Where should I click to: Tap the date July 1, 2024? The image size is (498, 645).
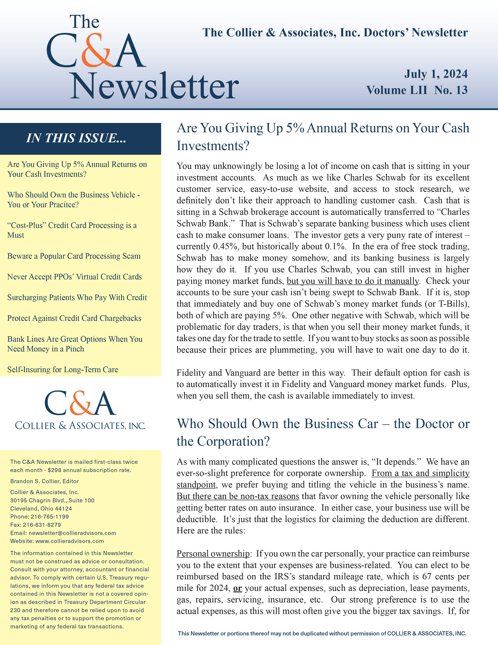(x=436, y=74)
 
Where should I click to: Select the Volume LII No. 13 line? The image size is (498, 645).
(x=417, y=90)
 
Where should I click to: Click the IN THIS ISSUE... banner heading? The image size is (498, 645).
(x=76, y=138)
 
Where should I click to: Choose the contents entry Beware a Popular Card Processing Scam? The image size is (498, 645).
(x=74, y=256)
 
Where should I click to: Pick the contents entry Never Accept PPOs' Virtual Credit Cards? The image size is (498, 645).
(x=74, y=277)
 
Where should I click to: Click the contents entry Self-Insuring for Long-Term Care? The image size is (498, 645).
(x=62, y=369)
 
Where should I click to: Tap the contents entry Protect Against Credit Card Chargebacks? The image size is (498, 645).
(x=74, y=318)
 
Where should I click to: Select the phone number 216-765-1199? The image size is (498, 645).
(x=50, y=517)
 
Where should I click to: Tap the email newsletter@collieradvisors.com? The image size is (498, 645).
(x=72, y=533)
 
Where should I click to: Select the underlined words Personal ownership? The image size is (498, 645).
(x=213, y=554)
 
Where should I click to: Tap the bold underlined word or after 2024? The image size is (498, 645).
(x=237, y=588)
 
